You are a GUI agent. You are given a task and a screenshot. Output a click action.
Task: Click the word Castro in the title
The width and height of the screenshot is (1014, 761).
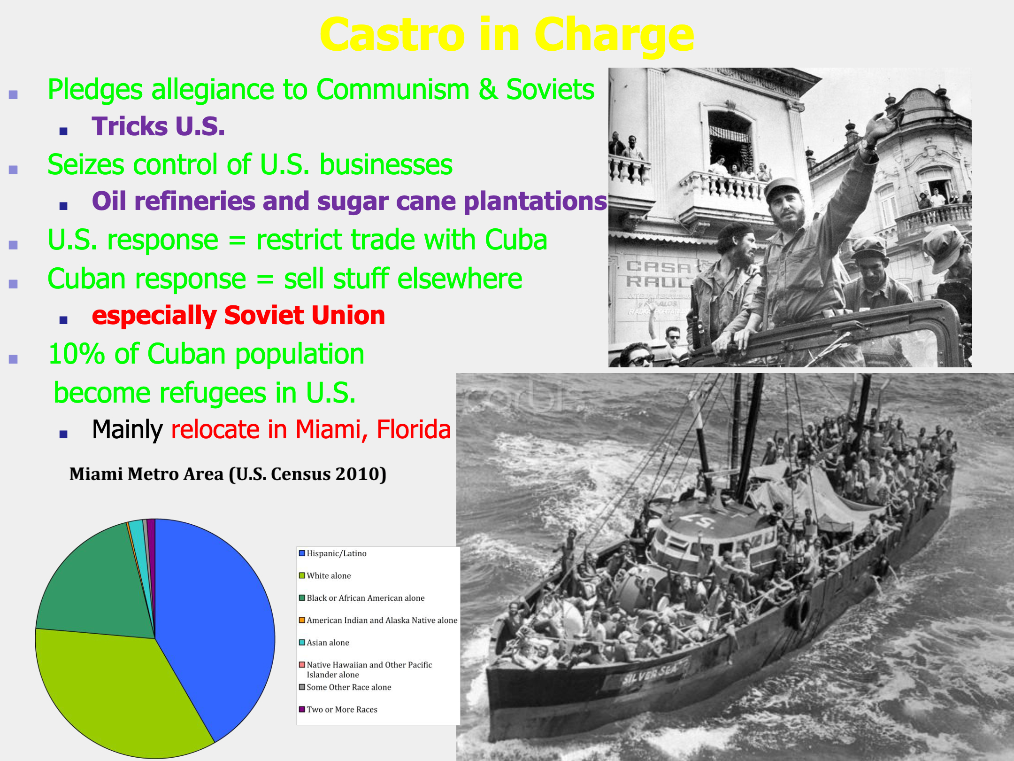click(x=392, y=35)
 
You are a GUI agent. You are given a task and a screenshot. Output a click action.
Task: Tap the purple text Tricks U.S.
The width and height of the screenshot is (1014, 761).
click(x=159, y=126)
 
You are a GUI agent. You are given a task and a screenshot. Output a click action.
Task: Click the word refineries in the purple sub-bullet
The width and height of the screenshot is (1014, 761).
click(x=194, y=201)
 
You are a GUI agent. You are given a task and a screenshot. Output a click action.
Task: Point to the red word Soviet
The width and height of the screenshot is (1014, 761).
click(x=264, y=315)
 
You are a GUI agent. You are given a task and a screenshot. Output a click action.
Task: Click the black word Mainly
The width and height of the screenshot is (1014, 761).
click(x=127, y=430)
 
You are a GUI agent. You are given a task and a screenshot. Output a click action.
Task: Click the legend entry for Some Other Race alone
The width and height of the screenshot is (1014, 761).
click(x=345, y=687)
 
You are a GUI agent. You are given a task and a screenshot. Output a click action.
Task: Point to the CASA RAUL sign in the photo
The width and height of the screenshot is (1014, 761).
click(x=657, y=274)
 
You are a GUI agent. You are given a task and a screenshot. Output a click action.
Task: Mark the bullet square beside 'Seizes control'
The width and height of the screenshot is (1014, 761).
click(x=13, y=170)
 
